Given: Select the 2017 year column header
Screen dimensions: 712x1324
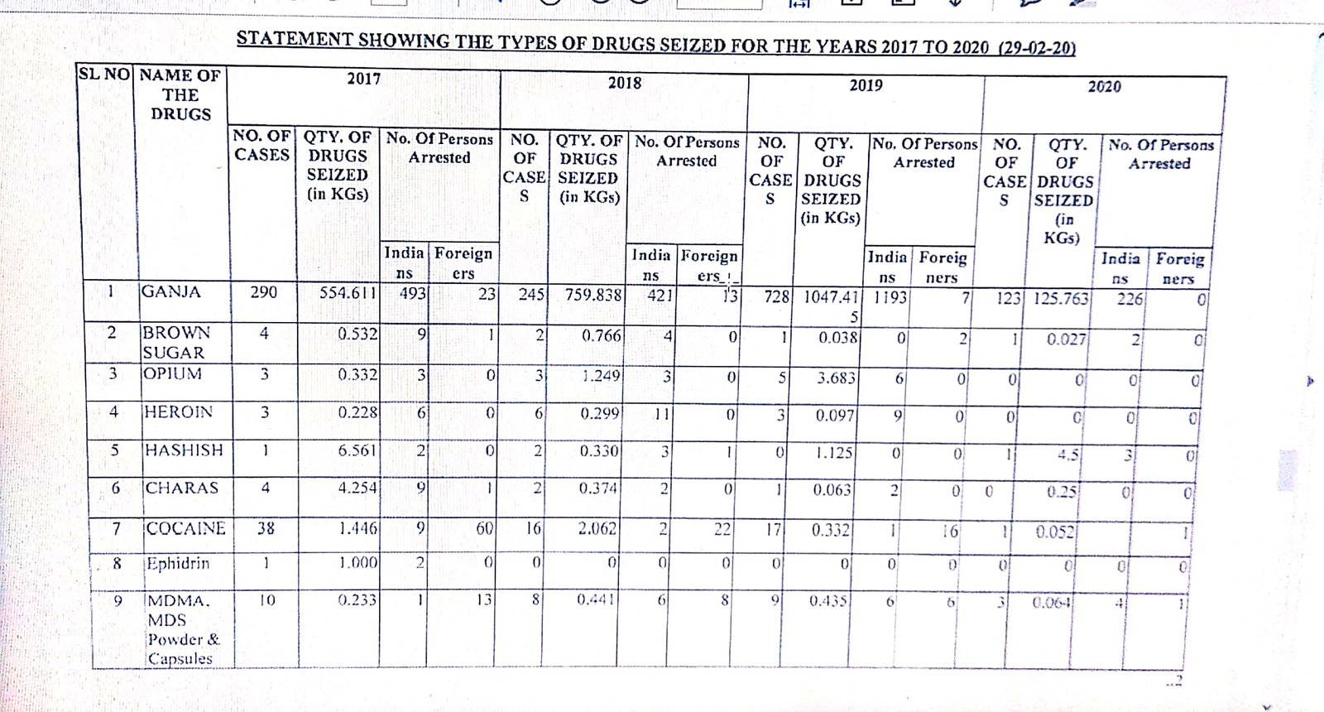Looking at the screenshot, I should pyautogui.click(x=363, y=79).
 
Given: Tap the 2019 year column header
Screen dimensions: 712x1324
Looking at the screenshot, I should pyautogui.click(x=866, y=85).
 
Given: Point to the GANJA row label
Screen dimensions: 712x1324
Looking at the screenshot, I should pyautogui.click(x=171, y=291).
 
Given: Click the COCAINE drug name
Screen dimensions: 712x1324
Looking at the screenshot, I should pyautogui.click(x=185, y=528).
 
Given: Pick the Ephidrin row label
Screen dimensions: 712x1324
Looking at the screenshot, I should pyautogui.click(x=178, y=564).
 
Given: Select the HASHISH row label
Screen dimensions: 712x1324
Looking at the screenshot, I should pyautogui.click(x=184, y=450).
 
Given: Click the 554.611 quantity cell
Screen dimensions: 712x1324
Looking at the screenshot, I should pyautogui.click(x=348, y=292).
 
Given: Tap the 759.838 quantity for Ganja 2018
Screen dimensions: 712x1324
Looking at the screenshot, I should pyautogui.click(x=592, y=294).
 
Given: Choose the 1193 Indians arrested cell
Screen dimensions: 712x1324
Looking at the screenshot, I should pyautogui.click(x=890, y=296).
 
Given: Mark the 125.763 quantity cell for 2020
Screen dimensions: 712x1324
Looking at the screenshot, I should pyautogui.click(x=1061, y=298).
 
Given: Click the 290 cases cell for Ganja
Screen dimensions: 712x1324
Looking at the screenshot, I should pyautogui.click(x=264, y=291).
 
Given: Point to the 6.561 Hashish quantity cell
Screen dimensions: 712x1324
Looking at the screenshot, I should pyautogui.click(x=357, y=450).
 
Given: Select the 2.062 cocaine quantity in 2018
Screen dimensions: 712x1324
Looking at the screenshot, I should pyautogui.click(x=597, y=527).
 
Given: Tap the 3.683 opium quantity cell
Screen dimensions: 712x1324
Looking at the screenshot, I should pyautogui.click(x=836, y=378).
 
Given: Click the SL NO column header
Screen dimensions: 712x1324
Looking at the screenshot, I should pyautogui.click(x=104, y=74).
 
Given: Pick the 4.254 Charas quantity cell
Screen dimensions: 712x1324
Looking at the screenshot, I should pyautogui.click(x=357, y=488).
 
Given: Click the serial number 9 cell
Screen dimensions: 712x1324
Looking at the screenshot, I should pyautogui.click(x=118, y=600).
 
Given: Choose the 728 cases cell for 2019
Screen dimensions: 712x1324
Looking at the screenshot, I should pyautogui.click(x=776, y=296).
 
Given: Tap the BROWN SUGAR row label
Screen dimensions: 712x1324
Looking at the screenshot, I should pyautogui.click(x=175, y=342).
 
